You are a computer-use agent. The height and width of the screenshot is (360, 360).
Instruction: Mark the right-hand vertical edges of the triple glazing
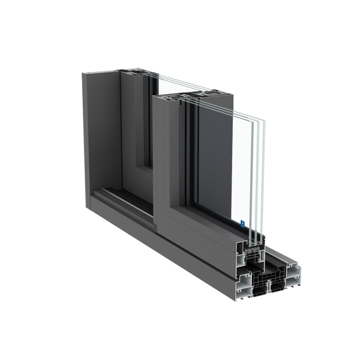point(260,174)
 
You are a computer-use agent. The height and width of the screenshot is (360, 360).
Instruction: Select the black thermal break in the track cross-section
point(264,282)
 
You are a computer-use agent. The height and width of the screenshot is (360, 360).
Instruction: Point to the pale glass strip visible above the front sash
point(174,81)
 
